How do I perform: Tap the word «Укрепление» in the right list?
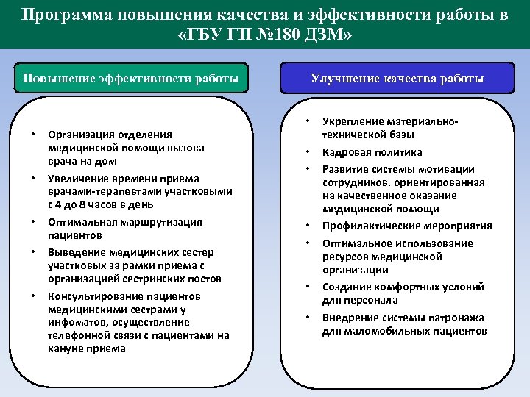pyautogui.click(x=351, y=121)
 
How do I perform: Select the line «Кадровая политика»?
pyautogui.click(x=372, y=152)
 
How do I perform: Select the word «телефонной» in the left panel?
pyautogui.click(x=75, y=335)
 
